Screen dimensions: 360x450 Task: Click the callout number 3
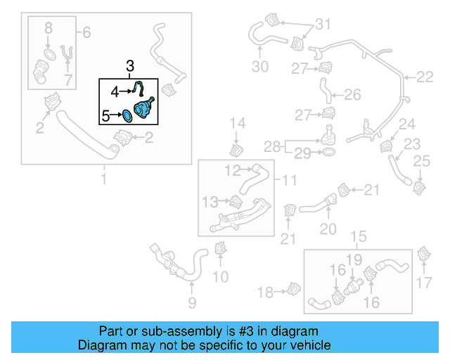129,67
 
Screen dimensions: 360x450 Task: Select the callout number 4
115,90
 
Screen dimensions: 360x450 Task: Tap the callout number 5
105,115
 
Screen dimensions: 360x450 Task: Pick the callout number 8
48,29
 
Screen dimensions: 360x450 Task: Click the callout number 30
260,67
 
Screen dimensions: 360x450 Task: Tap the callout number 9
191,303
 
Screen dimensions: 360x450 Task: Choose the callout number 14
238,124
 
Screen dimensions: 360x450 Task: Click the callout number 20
328,229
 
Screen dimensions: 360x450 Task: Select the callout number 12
233,170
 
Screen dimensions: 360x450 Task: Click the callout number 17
423,283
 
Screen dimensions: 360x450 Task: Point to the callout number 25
420,162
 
